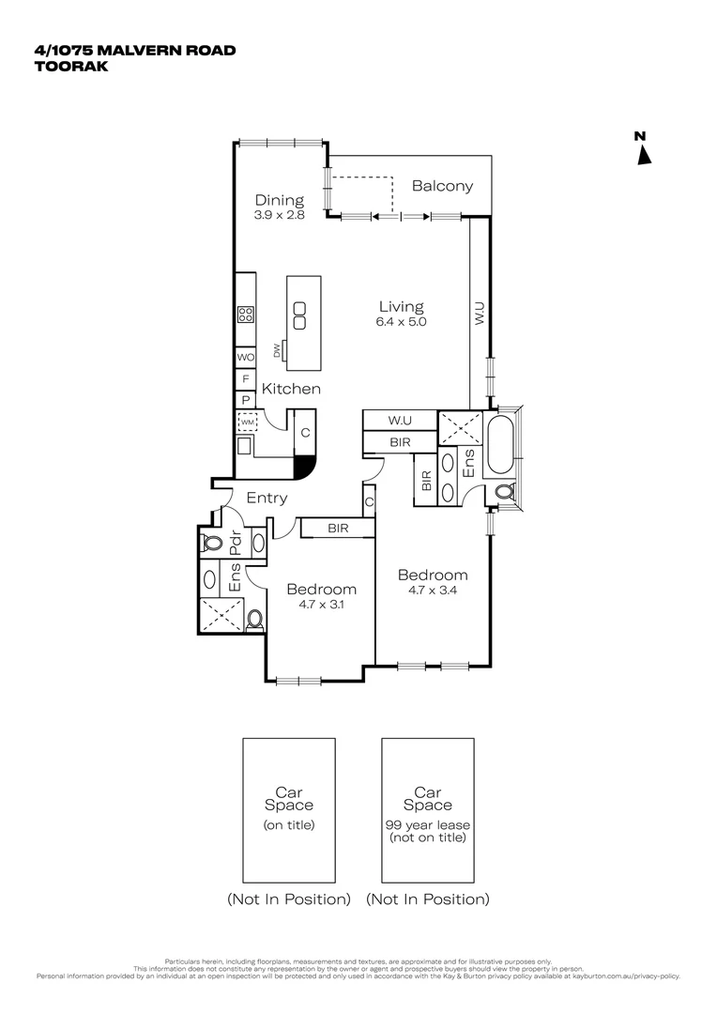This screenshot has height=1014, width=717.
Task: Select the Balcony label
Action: tap(442, 186)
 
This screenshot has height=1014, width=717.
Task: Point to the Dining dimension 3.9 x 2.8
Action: tap(280, 214)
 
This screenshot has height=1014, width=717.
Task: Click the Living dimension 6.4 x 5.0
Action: tap(401, 321)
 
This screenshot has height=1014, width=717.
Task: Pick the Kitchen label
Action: tap(291, 389)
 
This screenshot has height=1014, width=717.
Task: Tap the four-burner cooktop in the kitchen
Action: tap(246, 316)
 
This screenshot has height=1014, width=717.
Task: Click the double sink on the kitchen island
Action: tap(299, 315)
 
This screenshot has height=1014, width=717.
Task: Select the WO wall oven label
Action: tap(245, 358)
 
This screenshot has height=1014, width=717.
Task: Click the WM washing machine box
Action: tap(246, 423)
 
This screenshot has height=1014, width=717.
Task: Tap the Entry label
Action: tap(267, 499)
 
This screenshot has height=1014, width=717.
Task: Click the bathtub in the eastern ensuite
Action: tap(500, 442)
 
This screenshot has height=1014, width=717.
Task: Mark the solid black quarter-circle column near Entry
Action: tap(302, 466)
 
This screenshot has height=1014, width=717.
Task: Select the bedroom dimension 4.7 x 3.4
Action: tap(432, 590)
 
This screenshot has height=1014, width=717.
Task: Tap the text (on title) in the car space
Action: tap(289, 825)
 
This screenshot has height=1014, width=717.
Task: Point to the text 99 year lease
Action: tap(428, 824)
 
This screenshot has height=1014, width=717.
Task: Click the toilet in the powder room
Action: tap(211, 544)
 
